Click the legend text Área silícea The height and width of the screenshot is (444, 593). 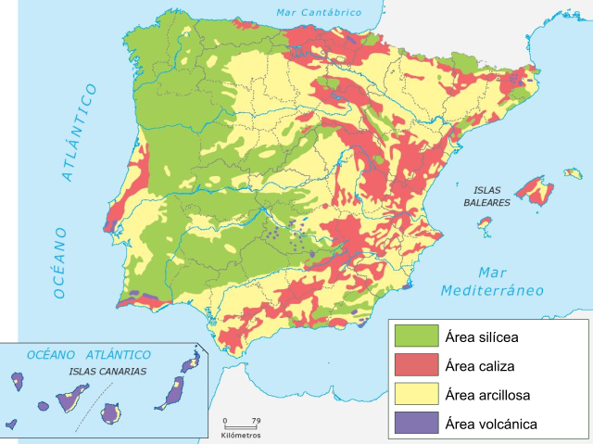click(x=492, y=336)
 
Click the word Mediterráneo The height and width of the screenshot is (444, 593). click(x=492, y=290)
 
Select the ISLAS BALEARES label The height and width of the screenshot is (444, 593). click(x=486, y=195)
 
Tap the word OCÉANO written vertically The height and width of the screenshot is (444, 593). click(x=61, y=261)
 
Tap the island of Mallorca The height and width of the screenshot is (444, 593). click(x=536, y=191)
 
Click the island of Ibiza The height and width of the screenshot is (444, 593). click(x=485, y=223)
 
